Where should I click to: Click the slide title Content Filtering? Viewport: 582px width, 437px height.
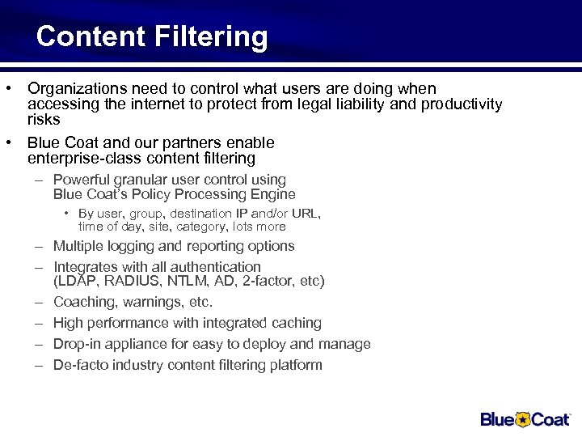pyautogui.click(x=151, y=37)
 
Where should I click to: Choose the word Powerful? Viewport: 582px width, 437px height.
pyautogui.click(x=83, y=180)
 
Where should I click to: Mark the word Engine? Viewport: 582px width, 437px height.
pyautogui.click(x=273, y=194)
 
